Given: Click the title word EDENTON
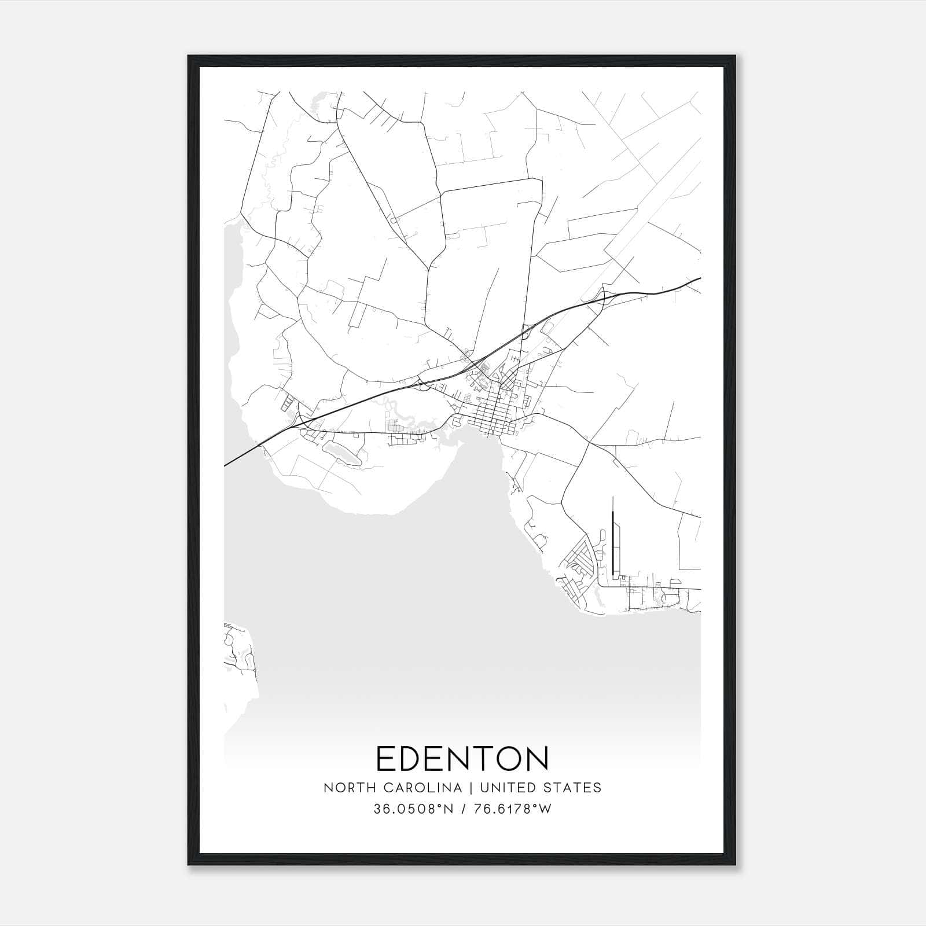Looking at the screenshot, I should pyautogui.click(x=462, y=758).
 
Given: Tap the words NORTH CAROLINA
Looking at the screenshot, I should pyautogui.click(x=392, y=788).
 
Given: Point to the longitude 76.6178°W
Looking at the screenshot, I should pyautogui.click(x=512, y=809).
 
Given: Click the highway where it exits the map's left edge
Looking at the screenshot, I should pyautogui.click(x=226, y=464).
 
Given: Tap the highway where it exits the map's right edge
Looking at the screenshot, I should pyautogui.click(x=699, y=279).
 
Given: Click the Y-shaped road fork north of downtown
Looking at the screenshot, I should pyautogui.click(x=428, y=270).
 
